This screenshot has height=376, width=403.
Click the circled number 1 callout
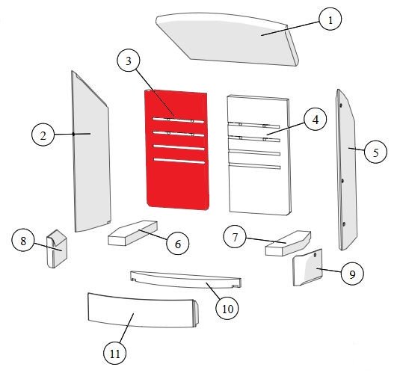pyautogui.click(x=330, y=19)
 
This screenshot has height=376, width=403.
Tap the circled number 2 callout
pyautogui.click(x=43, y=135)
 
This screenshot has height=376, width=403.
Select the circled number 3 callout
pyautogui.click(x=129, y=61)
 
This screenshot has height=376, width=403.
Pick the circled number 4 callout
pyautogui.click(x=316, y=120)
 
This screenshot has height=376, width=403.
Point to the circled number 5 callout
pyautogui.click(x=375, y=152)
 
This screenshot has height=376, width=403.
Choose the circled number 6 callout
pyautogui.click(x=178, y=244)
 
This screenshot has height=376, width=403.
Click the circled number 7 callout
pyautogui.click(x=235, y=237)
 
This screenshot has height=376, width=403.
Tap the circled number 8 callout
pyautogui.click(x=23, y=241)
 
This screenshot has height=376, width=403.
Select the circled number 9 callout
pyautogui.click(x=352, y=274)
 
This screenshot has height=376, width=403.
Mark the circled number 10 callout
pyautogui.click(x=227, y=308)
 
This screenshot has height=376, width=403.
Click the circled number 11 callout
pyautogui.click(x=115, y=354)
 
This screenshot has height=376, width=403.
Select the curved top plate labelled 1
pyautogui.click(x=226, y=39)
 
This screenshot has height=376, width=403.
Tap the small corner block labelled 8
pyautogui.click(x=57, y=249)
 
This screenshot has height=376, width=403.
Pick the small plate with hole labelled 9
pyautogui.click(x=307, y=268)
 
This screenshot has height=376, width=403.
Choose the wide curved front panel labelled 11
pyautogui.click(x=143, y=310)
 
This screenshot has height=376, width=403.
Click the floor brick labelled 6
pyautogui.click(x=132, y=232)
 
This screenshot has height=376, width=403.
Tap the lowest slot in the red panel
pyautogui.click(x=179, y=161)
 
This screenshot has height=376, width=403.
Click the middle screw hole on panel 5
pyautogui.click(x=342, y=181)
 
